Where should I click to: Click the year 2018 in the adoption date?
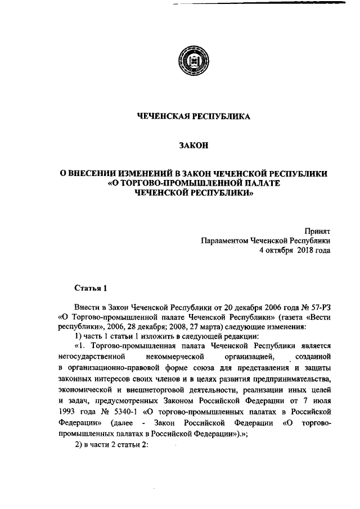coord(303,250)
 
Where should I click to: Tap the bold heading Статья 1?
coord(90,289)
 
